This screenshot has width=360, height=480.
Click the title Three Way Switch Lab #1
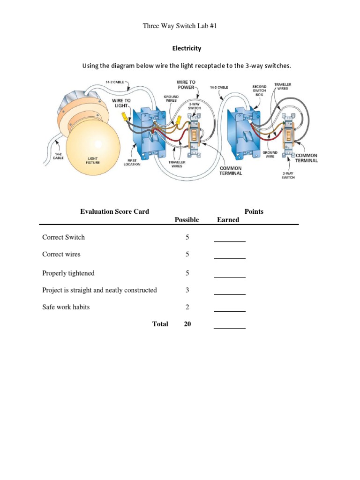(x=180, y=26)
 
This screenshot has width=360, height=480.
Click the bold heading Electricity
(x=187, y=48)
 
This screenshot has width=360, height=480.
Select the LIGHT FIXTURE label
(x=92, y=161)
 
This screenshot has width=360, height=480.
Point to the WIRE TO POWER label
(x=186, y=85)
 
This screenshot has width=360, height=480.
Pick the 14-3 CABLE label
(x=219, y=87)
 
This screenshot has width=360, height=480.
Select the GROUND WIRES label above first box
(x=171, y=98)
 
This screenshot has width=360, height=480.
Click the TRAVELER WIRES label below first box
(x=177, y=164)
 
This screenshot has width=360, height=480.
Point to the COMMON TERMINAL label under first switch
(x=230, y=171)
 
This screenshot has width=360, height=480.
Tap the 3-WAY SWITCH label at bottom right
(x=288, y=176)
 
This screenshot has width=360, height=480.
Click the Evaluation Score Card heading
(x=114, y=211)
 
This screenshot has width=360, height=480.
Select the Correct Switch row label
(x=63, y=237)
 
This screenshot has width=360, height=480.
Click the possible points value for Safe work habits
(x=187, y=307)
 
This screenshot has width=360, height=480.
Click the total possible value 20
(x=187, y=324)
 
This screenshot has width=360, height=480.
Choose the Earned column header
(x=228, y=220)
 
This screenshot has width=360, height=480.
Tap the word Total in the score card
(x=160, y=324)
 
